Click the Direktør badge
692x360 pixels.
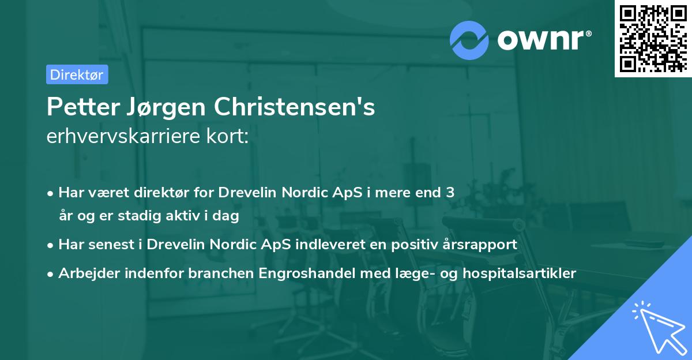point(77,74)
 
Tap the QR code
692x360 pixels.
point(653,38)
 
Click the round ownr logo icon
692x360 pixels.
point(469,40)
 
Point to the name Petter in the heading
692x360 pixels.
point(78,107)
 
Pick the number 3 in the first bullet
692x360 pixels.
point(450,193)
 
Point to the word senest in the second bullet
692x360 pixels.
point(108,244)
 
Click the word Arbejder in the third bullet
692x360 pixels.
point(85,273)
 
